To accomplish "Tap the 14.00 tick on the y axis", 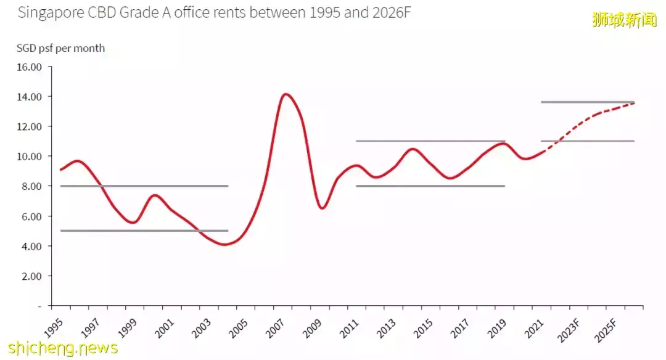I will point(28,97).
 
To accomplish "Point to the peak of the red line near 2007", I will point(285,94).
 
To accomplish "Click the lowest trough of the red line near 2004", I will point(226,244).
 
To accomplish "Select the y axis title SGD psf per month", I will point(60,48).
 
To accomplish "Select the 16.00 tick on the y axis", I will point(28,67).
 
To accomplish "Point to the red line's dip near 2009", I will point(322,208).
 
